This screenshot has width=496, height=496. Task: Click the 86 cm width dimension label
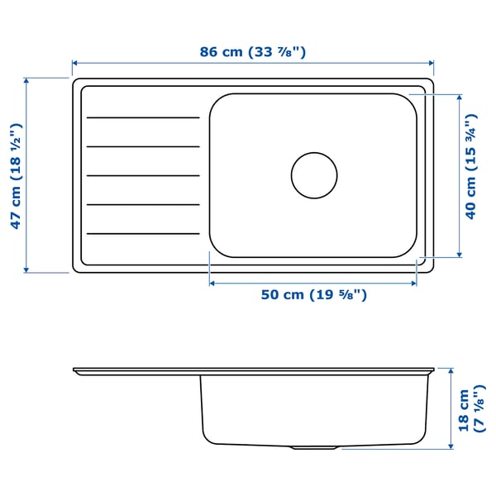point(253,51)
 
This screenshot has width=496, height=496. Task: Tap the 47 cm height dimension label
point(15,175)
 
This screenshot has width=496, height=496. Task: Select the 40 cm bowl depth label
point(471,174)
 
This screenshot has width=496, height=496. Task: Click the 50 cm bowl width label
point(313,295)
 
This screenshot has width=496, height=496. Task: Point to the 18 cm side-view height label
point(470,409)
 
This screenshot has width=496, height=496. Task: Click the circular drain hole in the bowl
point(314,175)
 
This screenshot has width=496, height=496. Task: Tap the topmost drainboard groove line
point(143,118)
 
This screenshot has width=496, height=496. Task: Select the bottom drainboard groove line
point(143,234)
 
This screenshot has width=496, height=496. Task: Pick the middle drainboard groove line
point(143,176)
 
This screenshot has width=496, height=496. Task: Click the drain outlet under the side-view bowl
point(312,447)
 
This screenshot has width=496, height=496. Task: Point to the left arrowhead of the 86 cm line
point(75,63)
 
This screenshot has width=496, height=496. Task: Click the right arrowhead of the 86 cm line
point(431,63)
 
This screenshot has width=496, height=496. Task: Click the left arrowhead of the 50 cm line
point(212,283)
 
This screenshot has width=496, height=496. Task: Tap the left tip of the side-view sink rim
point(74,370)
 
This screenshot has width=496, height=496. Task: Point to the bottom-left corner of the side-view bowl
point(204,439)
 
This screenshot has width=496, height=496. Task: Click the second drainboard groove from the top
point(143,147)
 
